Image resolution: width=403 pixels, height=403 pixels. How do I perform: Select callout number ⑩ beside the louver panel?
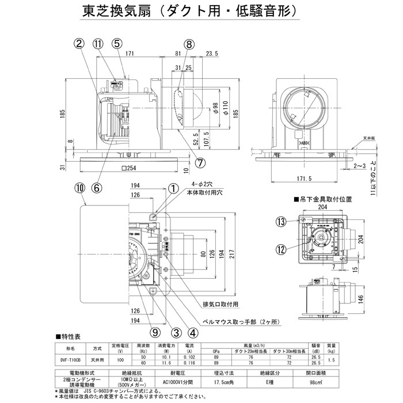point(79,188)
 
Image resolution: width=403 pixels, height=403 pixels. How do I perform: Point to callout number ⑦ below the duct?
point(200,163)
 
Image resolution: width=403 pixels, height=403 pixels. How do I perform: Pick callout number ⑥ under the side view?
point(96,188)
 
